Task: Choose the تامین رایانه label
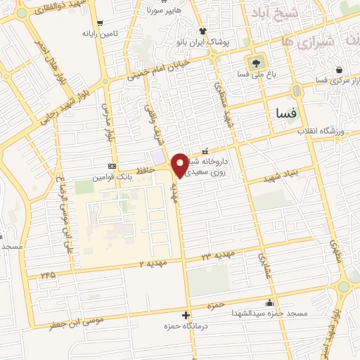click(98, 33)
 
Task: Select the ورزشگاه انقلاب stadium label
click(321, 131)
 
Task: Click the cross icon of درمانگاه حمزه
click(186, 315)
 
